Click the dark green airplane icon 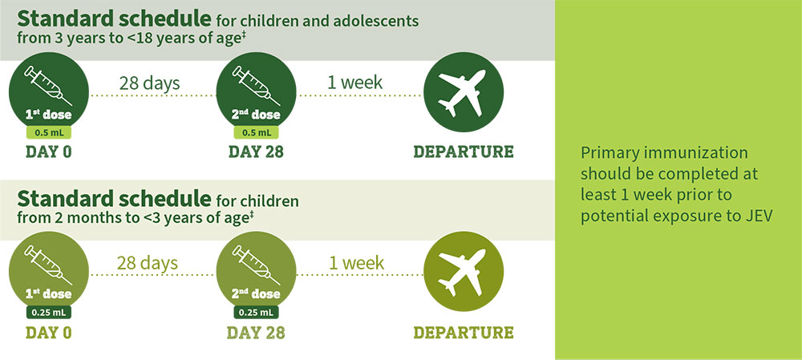click(x=463, y=92)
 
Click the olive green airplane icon click(x=463, y=272)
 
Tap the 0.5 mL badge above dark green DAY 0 click(x=49, y=132)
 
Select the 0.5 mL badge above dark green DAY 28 click(x=256, y=132)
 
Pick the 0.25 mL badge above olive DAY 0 click(x=49, y=312)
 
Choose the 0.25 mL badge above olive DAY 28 click(x=256, y=312)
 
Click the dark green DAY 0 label click(x=49, y=152)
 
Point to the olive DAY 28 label click(x=256, y=332)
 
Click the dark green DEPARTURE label click(x=464, y=152)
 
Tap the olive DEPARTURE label click(x=464, y=332)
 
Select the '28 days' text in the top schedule click(x=149, y=83)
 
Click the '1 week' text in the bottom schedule click(x=357, y=263)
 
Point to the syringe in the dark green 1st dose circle click(x=48, y=86)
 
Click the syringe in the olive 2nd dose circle click(x=256, y=265)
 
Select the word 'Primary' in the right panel click(x=606, y=154)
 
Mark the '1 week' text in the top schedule click(x=355, y=83)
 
